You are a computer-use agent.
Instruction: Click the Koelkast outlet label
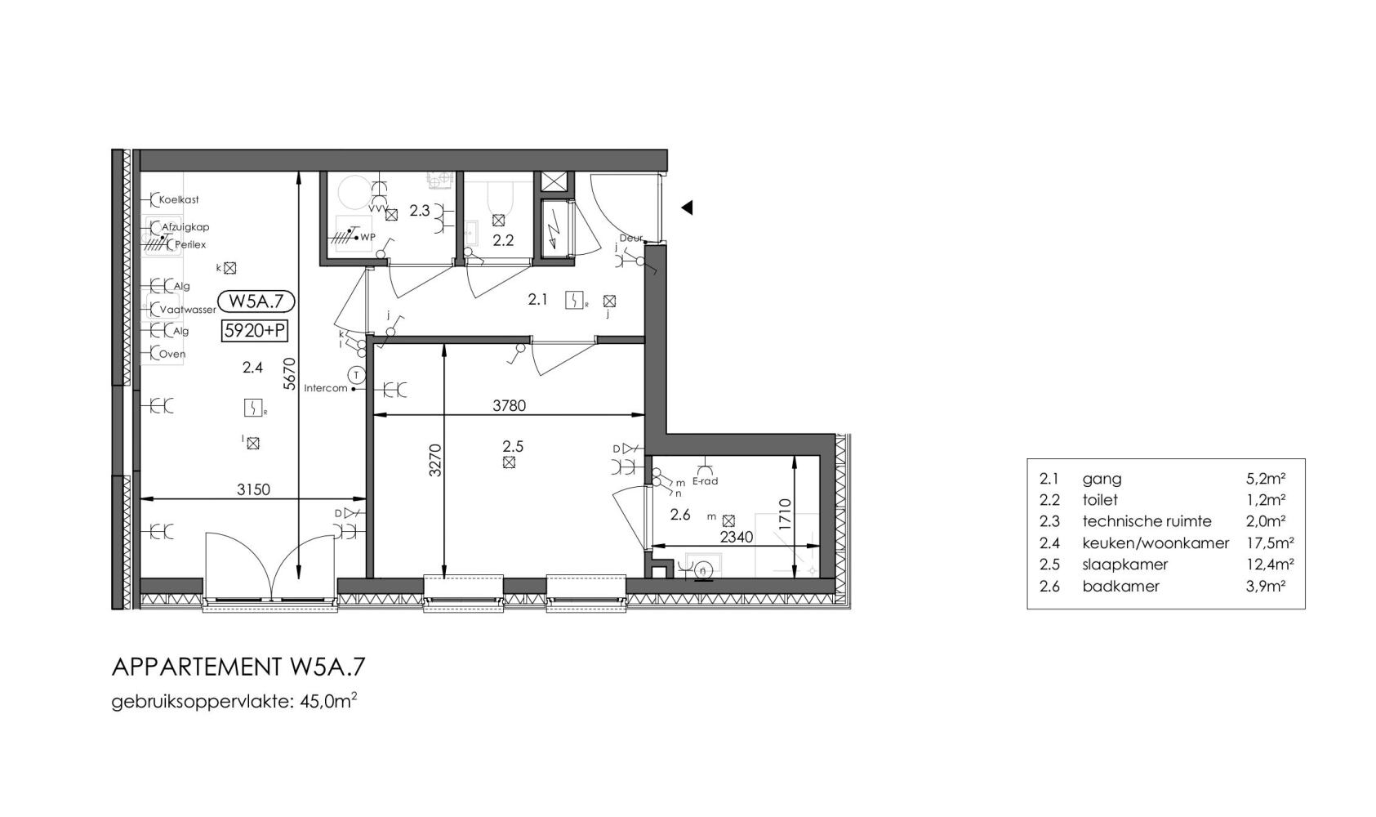(x=179, y=200)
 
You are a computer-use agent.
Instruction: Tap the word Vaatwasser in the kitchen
(x=188, y=310)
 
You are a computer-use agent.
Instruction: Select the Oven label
(x=172, y=354)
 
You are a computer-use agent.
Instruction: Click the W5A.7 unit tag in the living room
(x=256, y=301)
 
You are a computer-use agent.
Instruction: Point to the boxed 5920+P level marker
(x=254, y=332)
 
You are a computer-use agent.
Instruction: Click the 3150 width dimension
(x=254, y=490)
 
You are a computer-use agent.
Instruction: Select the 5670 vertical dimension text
(x=289, y=374)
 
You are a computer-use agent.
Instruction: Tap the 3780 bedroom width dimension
(x=510, y=406)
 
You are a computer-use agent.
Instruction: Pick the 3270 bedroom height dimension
(x=435, y=461)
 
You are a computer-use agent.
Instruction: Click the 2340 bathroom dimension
(x=737, y=538)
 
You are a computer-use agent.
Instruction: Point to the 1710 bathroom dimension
(x=785, y=516)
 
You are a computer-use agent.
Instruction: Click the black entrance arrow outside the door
(x=687, y=208)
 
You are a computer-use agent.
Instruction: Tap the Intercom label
(x=326, y=389)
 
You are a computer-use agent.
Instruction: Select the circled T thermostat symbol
(x=356, y=374)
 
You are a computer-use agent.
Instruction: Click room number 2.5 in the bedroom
(x=513, y=446)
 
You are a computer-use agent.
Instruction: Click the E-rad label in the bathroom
(x=706, y=481)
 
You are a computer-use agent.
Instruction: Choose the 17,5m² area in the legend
(x=1270, y=542)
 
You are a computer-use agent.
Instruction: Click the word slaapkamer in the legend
(x=1124, y=565)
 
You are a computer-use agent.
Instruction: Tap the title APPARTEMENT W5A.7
(x=238, y=667)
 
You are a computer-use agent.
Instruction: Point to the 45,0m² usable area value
(x=328, y=701)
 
